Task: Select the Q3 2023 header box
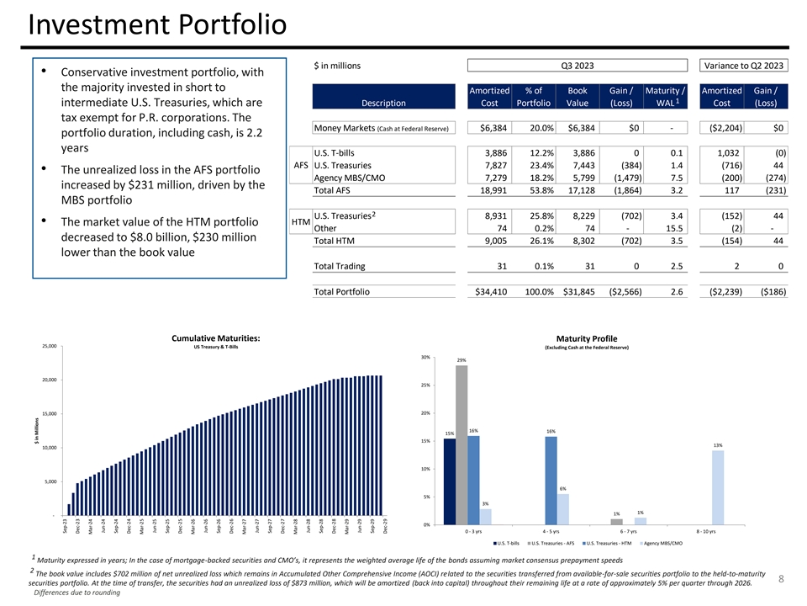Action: (x=577, y=66)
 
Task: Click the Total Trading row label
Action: (x=339, y=267)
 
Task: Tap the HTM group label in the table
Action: (x=300, y=222)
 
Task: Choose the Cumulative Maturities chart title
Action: (x=215, y=338)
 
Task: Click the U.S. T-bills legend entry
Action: (x=507, y=543)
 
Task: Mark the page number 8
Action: (x=780, y=578)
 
